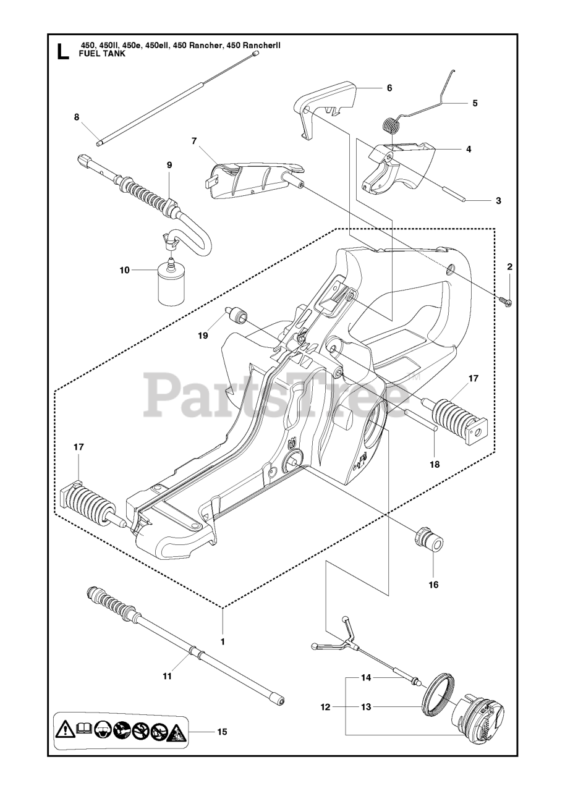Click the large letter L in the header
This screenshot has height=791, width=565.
(63, 51)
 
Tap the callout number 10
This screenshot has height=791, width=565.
(125, 270)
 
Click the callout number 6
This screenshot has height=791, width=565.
(389, 88)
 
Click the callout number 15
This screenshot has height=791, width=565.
(222, 732)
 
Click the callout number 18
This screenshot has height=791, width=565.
(435, 464)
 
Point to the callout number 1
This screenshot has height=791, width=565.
(223, 641)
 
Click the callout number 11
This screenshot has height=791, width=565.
(167, 677)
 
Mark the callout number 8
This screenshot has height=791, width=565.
(77, 117)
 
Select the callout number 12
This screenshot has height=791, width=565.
(326, 706)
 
